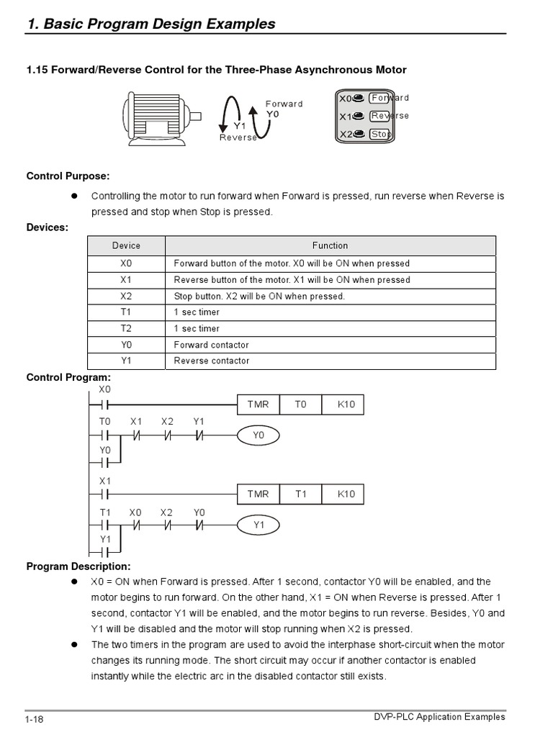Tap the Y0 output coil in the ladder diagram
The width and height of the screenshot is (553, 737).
(x=258, y=435)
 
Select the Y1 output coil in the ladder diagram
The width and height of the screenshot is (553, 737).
(x=259, y=525)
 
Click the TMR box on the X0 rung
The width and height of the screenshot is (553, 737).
(x=258, y=404)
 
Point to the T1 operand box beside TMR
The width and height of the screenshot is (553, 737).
(x=300, y=494)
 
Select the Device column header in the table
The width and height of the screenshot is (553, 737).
(x=127, y=245)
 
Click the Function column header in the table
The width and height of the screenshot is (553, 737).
(x=330, y=245)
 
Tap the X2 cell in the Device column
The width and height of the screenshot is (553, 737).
(x=127, y=296)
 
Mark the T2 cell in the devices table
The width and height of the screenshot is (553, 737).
(x=127, y=328)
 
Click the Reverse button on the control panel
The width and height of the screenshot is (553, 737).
(x=379, y=116)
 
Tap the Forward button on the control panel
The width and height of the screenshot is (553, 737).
(x=379, y=98)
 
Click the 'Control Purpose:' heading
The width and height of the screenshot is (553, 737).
(x=68, y=176)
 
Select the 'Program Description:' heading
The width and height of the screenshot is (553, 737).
(x=78, y=566)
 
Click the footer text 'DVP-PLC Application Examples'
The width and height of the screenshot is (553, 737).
(x=440, y=717)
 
